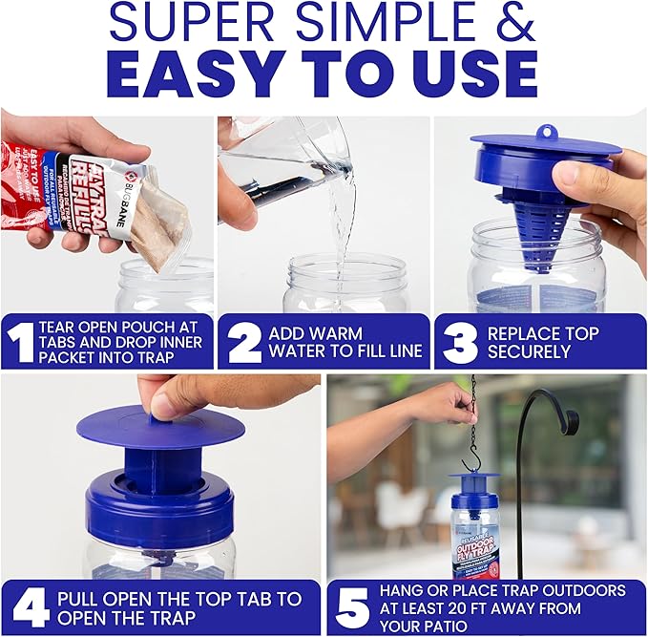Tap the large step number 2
coord(244,343)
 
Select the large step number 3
coord(460,343)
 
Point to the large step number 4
coord(30,607)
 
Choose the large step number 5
coord(351,607)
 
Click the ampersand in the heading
coord(514,24)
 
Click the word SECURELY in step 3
coord(531,351)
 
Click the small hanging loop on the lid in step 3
coord(546,132)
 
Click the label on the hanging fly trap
coord(474,550)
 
